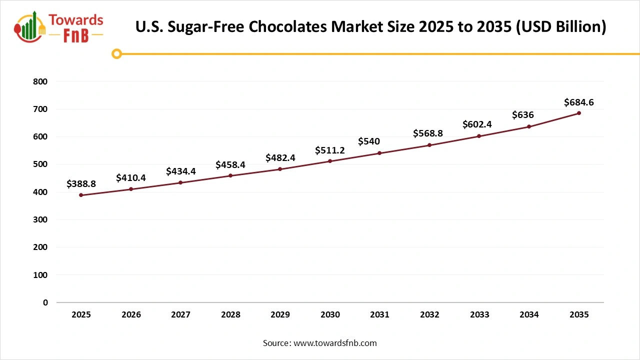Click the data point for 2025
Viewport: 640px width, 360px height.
81,195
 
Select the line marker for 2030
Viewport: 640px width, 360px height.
330,161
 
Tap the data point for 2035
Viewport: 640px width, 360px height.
579,113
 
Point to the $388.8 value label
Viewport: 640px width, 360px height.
81,184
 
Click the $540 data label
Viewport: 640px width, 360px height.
369,141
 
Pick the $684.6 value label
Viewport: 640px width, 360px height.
578,102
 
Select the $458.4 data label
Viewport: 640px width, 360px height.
230,164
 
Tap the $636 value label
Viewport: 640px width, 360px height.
523,115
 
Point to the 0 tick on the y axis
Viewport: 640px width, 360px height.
45,302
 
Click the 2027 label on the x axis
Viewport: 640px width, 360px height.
180,314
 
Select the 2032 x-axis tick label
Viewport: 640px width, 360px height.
429,314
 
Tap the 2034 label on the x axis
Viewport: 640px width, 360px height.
529,314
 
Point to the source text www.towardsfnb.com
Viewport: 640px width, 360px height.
335,343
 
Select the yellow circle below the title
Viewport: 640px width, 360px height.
116,53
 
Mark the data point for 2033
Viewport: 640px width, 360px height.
479,136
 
